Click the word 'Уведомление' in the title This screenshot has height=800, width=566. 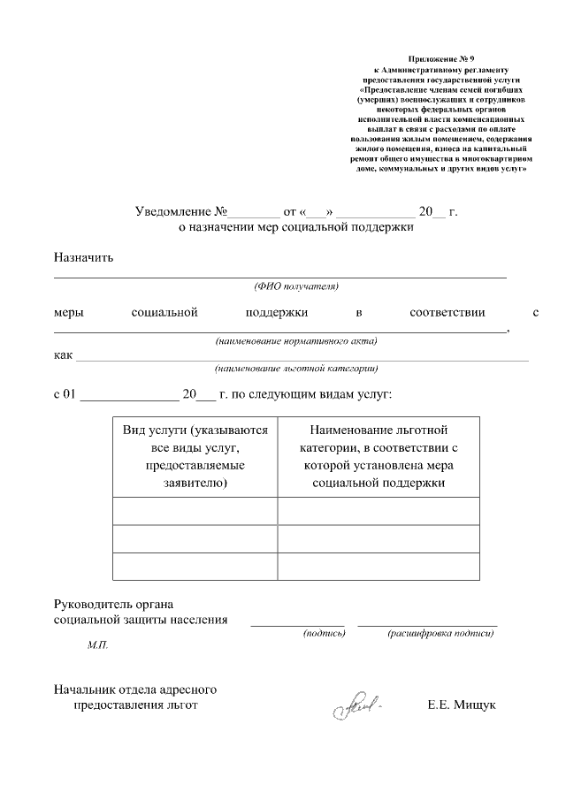[173, 212]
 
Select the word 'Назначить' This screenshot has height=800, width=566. [83, 258]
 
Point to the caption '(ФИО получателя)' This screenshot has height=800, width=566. [296, 286]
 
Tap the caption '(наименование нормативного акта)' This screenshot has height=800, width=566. [296, 341]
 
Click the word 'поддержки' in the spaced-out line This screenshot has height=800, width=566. [276, 313]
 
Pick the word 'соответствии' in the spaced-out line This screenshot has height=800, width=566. [447, 313]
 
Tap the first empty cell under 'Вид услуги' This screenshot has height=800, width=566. [195, 512]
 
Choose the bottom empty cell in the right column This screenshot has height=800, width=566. [379, 566]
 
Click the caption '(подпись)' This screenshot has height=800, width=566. [324, 634]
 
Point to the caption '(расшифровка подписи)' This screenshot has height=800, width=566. [440, 634]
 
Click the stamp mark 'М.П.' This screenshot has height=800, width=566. [97, 647]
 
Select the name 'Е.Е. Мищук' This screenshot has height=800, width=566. [461, 705]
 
